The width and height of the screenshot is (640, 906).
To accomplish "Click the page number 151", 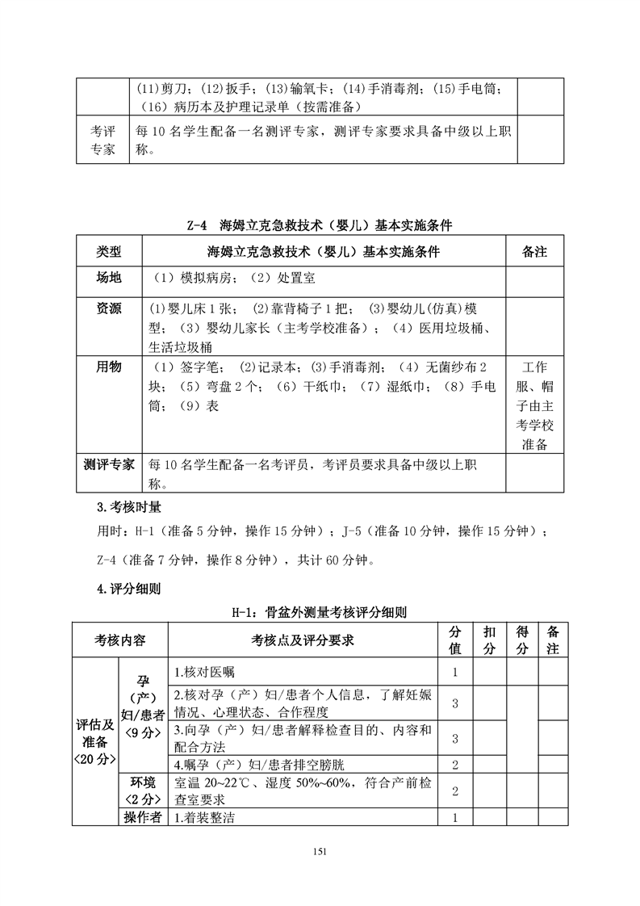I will coord(320,850).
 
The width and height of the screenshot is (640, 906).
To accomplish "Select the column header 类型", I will coord(109,251).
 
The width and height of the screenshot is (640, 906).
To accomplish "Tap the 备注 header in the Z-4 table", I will coord(534,251).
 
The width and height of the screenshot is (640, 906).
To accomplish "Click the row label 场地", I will coord(109,279).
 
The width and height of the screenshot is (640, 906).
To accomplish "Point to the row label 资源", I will coord(109,309).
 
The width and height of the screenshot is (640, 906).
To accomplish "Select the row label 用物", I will coord(109,367).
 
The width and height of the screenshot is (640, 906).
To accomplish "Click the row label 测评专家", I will coord(109,465).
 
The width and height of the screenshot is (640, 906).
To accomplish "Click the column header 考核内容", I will coord(119,640).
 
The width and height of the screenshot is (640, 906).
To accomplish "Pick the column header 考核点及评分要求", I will coord(303,640).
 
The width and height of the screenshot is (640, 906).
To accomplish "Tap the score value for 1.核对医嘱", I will coord(455,672).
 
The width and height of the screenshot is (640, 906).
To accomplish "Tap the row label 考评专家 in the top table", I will coord(102,140).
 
